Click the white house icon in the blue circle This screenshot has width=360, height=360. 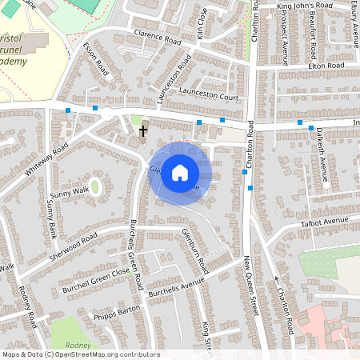click(x=180, y=172)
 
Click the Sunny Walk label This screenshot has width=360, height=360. click(x=69, y=193)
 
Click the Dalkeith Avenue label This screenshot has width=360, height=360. click(x=323, y=156)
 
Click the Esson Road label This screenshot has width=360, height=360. click(x=95, y=58)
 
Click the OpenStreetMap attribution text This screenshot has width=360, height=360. click(x=80, y=354)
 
